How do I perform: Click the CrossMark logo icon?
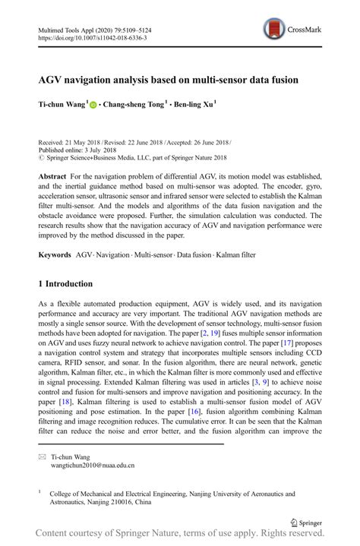click(274, 30)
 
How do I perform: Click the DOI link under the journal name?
click(92, 37)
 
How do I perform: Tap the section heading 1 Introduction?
click(65, 284)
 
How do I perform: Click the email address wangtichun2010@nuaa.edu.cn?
click(93, 466)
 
